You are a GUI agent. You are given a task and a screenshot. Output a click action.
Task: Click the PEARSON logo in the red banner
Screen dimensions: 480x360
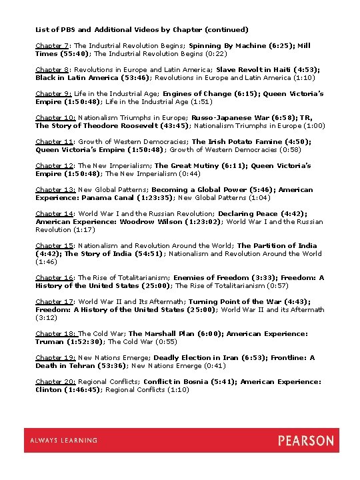pos(305,441)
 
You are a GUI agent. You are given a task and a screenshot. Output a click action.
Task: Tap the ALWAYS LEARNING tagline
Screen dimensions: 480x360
pos(64,441)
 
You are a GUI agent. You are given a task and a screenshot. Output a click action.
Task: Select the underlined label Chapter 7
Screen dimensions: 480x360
pos(52,45)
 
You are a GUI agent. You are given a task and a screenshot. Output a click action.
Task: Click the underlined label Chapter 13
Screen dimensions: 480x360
pos(55,189)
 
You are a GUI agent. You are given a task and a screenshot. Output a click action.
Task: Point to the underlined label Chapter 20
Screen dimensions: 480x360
pos(55,382)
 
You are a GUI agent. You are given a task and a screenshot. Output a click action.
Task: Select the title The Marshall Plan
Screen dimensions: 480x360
pos(160,333)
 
